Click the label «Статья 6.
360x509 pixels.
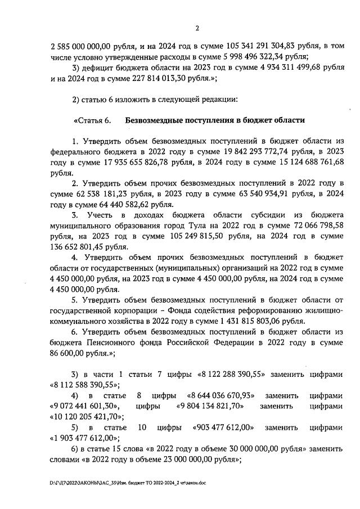click(x=92, y=120)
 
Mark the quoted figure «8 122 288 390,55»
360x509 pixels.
click(x=240, y=374)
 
